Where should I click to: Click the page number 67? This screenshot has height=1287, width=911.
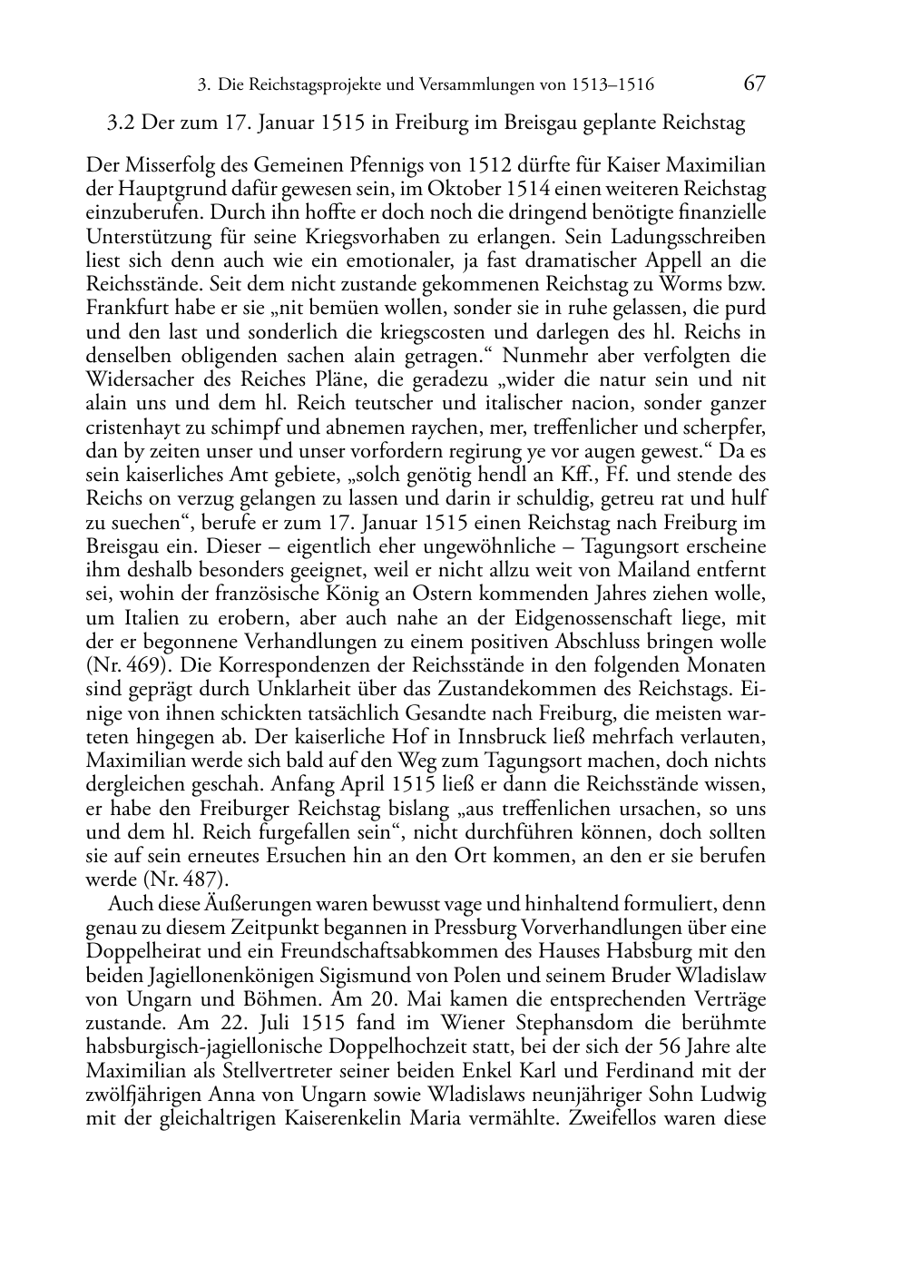click(754, 84)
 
